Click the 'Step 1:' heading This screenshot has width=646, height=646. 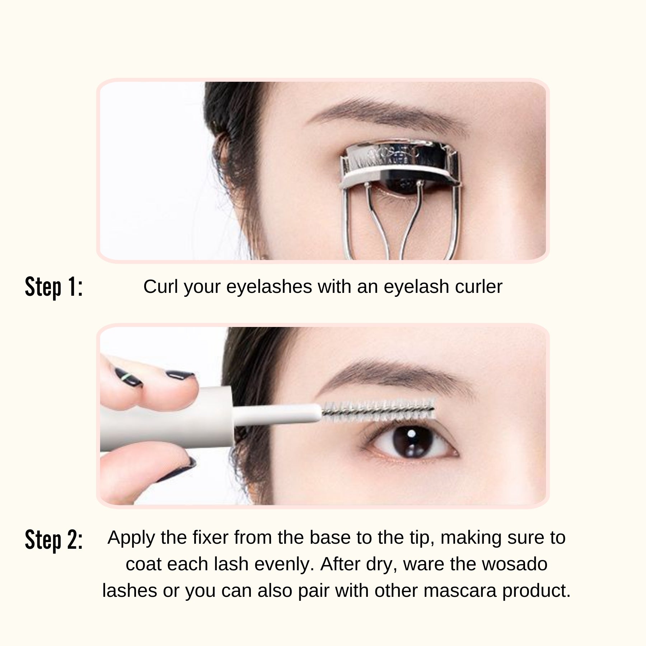(x=54, y=287)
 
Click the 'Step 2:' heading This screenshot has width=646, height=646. (x=54, y=540)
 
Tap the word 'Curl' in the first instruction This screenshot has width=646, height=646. (x=161, y=287)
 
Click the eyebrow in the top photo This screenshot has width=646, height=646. (x=388, y=111)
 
